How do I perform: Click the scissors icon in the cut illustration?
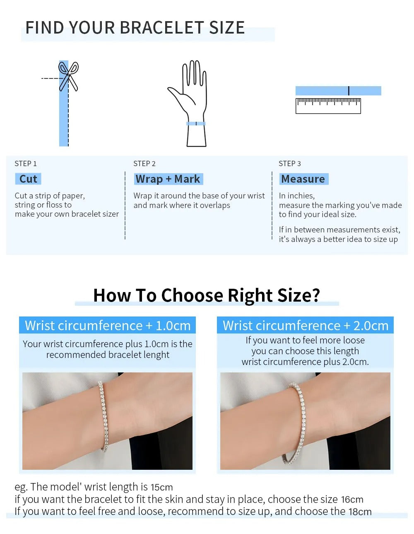[68, 76]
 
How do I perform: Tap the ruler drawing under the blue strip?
[328, 106]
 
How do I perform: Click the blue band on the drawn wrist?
[196, 123]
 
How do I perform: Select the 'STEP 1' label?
[26, 164]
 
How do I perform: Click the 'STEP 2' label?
[144, 164]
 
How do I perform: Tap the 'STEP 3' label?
[289, 164]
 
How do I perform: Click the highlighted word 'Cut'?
[28, 179]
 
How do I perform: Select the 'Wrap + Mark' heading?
[168, 179]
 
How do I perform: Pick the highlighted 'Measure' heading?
[303, 179]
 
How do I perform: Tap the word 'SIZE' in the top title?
[227, 27]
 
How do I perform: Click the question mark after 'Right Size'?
[315, 295]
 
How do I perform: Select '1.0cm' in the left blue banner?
[173, 326]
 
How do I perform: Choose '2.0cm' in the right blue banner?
[371, 326]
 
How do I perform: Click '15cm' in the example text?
[162, 487]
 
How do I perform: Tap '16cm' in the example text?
[352, 499]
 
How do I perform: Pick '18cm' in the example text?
[360, 512]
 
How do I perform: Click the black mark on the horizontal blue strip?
[349, 91]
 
